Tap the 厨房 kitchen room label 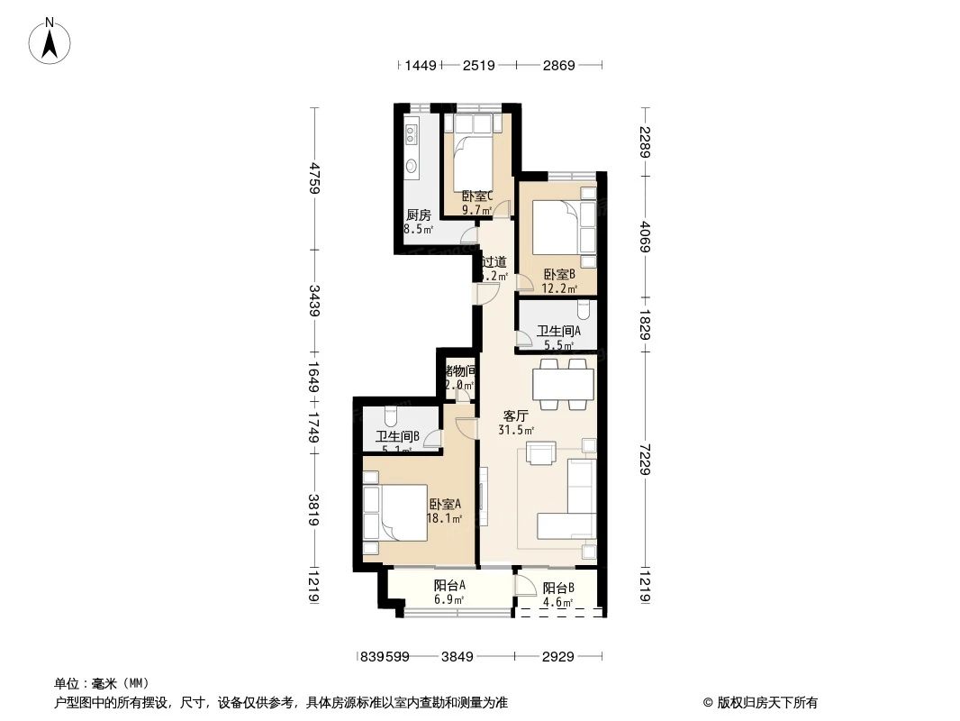point(418,215)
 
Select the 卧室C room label point(476,196)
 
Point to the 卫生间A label point(558,331)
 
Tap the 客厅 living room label point(515,416)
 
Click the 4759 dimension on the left point(313,178)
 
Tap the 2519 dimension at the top point(480,65)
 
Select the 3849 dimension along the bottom point(458,656)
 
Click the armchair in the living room point(542,453)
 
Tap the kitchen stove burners point(412,135)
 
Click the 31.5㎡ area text point(516,430)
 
